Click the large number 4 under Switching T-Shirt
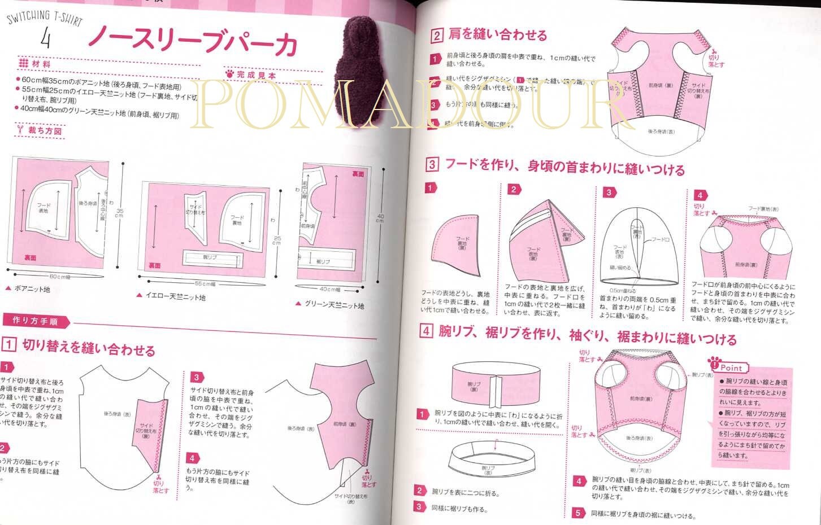[x=46, y=39]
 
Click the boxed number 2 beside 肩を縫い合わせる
[x=436, y=37]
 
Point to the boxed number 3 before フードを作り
[x=431, y=165]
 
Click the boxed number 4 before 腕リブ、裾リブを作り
[x=426, y=331]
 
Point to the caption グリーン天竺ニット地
[x=331, y=305]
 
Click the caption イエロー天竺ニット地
[x=172, y=296]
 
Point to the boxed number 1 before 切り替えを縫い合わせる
[x=8, y=344]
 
